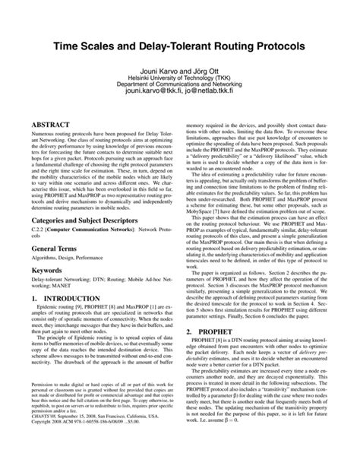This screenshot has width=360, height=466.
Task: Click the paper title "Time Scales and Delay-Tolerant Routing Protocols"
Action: [x=180, y=47]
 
